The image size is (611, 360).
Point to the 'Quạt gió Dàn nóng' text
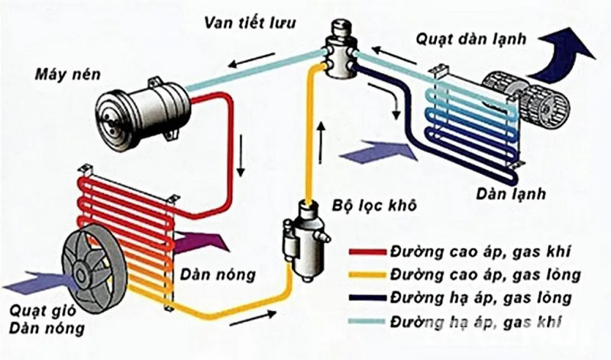pyautogui.click(x=37, y=321)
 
